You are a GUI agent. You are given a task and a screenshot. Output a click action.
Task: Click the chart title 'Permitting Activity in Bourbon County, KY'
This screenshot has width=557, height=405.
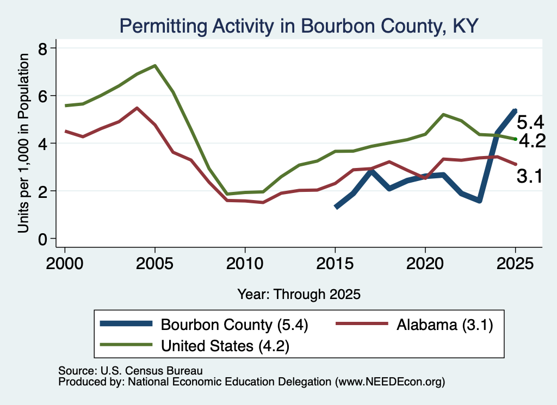(x=299, y=26)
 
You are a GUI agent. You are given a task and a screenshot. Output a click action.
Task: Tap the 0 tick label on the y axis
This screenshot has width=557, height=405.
(x=42, y=240)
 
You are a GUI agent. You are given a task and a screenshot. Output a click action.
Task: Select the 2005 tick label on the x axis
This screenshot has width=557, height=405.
(x=154, y=264)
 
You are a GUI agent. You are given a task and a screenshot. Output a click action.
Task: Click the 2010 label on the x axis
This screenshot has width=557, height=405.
(x=245, y=264)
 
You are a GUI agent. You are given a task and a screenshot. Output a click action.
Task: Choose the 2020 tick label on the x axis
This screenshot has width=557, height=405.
(x=425, y=264)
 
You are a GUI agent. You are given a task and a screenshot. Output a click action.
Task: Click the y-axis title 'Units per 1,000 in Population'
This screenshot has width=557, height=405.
(x=23, y=143)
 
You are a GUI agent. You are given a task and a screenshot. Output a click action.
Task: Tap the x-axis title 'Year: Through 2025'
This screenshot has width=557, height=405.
(x=299, y=294)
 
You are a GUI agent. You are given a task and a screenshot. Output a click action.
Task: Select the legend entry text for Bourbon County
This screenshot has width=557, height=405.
(x=234, y=325)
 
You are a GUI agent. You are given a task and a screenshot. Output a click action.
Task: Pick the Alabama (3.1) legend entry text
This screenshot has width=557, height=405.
(x=445, y=325)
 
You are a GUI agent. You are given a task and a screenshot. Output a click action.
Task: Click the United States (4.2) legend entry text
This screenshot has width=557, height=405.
(x=225, y=346)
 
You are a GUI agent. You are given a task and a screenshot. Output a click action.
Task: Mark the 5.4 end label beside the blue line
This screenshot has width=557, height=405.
(x=530, y=122)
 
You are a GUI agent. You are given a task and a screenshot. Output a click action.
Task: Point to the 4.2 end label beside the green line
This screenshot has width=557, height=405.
(x=532, y=141)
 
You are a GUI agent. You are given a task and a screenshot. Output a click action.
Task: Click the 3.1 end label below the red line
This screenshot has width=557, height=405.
(x=530, y=177)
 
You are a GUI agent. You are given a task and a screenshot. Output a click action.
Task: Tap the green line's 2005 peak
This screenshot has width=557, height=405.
(x=155, y=66)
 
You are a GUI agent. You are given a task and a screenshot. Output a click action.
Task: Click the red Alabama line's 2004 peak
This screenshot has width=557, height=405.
(x=137, y=108)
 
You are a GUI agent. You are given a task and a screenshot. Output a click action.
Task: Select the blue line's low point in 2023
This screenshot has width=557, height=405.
(x=480, y=201)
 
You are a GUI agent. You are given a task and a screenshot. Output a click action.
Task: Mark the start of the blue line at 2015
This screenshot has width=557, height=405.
(x=336, y=207)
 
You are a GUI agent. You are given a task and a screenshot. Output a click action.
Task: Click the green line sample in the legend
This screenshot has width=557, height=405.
(x=126, y=344)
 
